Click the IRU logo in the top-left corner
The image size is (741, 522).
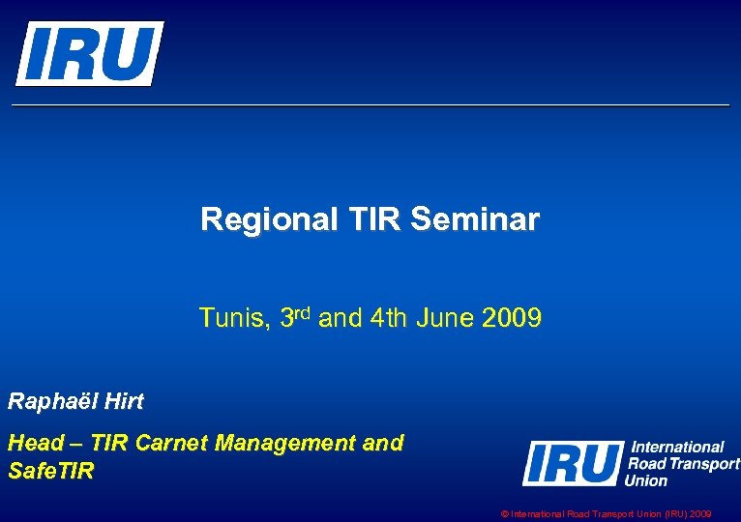coord(89,53)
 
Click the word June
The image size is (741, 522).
coord(443,317)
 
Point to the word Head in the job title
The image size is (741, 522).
coord(31,444)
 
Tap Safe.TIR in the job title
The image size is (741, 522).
coord(50,471)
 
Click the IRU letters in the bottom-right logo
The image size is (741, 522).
coord(572,463)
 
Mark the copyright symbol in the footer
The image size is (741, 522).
coord(505,515)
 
